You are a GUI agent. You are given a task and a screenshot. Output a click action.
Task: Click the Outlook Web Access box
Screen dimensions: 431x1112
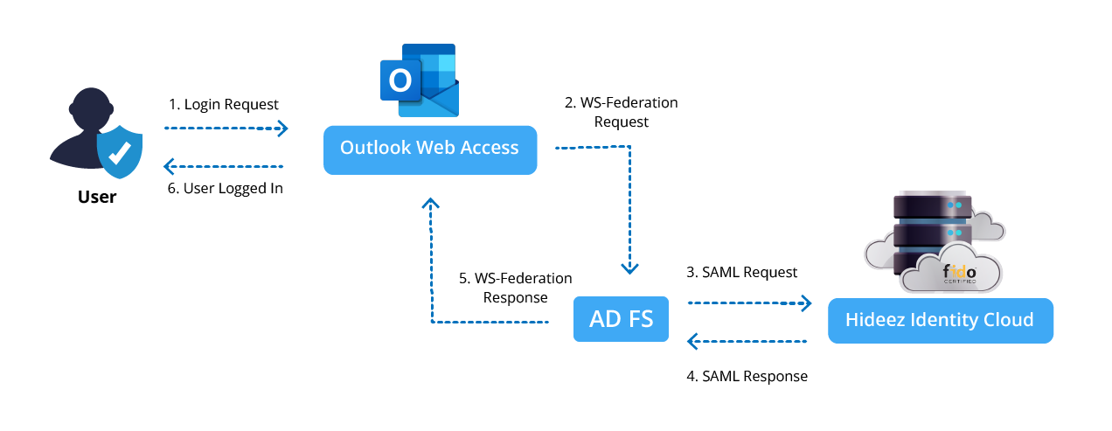pos(429,149)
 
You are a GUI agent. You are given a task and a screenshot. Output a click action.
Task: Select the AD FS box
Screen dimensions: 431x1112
pos(621,319)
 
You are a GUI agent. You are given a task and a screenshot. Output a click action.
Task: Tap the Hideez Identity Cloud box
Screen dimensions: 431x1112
pos(940,321)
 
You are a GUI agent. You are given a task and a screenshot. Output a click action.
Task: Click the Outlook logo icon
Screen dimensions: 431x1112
pos(419,80)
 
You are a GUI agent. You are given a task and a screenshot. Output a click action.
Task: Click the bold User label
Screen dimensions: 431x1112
pos(97,197)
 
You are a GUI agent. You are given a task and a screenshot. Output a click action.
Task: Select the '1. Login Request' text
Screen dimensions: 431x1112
pos(224,104)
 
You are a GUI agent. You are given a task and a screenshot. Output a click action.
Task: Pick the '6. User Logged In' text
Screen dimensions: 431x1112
pos(226,188)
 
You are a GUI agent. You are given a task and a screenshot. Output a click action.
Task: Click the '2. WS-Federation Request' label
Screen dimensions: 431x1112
pos(621,112)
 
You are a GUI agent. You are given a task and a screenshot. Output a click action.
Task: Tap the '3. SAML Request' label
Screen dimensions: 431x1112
pos(742,273)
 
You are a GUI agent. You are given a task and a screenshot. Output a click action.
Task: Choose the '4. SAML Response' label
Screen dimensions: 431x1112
pos(747,377)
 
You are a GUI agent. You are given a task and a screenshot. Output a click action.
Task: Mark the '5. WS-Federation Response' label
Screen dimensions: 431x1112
pos(515,288)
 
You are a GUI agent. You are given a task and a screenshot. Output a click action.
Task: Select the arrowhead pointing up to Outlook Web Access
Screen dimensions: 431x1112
pos(430,204)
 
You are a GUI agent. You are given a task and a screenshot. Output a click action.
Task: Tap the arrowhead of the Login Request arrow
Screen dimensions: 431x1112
pos(281,129)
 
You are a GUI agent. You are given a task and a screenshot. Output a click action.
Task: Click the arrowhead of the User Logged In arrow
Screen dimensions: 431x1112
pos(171,166)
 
